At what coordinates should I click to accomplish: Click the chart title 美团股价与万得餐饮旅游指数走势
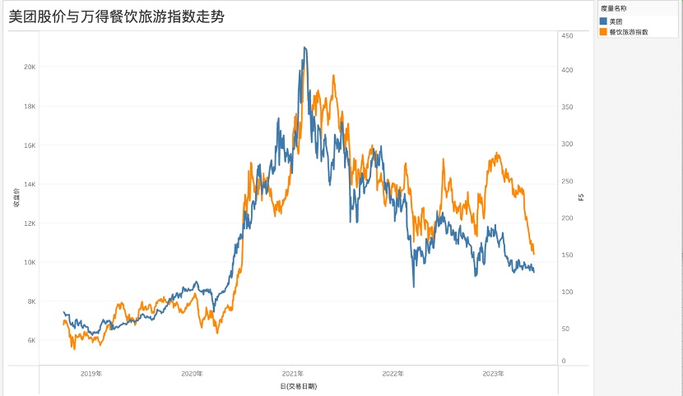coord(117,16)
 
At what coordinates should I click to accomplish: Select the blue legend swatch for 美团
coord(604,21)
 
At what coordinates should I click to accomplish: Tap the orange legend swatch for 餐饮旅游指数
coord(604,31)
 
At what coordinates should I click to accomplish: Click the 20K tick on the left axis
coord(29,67)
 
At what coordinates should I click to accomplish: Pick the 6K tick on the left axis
coord(30,340)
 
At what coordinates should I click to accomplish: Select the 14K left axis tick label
coord(29,184)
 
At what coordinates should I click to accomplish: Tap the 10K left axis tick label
coord(29,262)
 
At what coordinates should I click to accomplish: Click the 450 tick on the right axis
coord(567,36)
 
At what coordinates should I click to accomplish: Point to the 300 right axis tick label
coord(567,144)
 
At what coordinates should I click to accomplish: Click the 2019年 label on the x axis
coord(91,374)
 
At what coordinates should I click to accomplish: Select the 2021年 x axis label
coord(293,374)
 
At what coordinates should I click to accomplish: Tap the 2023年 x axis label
coord(493,374)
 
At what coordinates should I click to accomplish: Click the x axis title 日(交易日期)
coord(298,385)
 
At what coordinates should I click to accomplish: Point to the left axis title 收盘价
coord(16,197)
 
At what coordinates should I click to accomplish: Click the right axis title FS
coord(581,197)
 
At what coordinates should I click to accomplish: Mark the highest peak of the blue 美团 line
coord(304,48)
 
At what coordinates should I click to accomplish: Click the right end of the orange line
coord(534,252)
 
